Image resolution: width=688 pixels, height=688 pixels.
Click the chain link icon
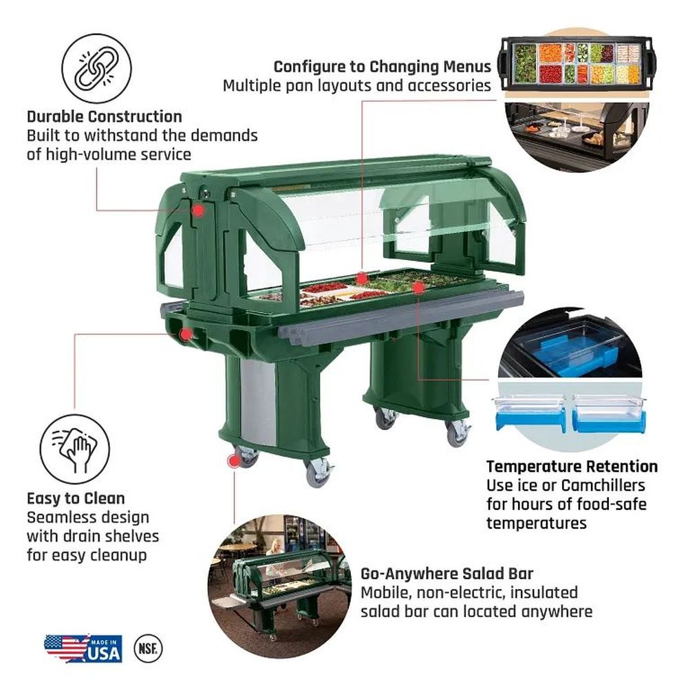[x=96, y=69]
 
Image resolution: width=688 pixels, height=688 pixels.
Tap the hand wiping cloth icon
[x=74, y=449]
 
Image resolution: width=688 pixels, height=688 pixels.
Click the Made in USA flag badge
[x=83, y=648]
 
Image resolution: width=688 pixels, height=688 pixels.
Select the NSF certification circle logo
[x=148, y=648]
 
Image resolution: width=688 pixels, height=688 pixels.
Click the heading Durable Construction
[x=105, y=117]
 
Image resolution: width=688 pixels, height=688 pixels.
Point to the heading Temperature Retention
[x=572, y=466]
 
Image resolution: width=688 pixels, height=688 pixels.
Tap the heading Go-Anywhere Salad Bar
[x=447, y=574]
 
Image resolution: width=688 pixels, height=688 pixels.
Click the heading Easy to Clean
[x=76, y=498]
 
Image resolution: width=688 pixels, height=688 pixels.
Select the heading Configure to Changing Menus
[x=382, y=67]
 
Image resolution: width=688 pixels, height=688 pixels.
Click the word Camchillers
[x=603, y=485]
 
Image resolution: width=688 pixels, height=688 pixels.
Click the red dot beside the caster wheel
[x=234, y=461]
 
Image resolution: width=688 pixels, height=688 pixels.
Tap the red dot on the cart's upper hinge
[x=198, y=210]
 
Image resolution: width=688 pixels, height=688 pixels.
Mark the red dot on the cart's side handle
[x=186, y=335]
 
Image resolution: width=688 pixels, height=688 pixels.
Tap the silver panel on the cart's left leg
[x=259, y=402]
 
